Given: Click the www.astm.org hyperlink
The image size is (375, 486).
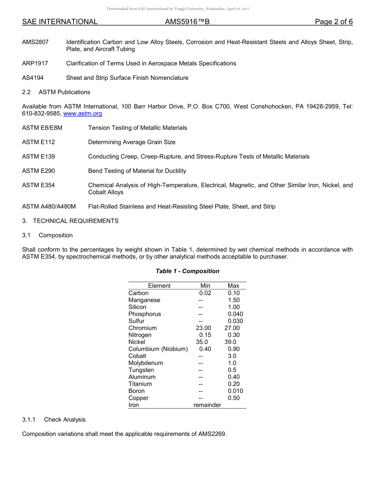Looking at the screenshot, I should pyautogui.click(x=82, y=114).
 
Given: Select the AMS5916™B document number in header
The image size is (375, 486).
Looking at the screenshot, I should pyautogui.click(x=187, y=22).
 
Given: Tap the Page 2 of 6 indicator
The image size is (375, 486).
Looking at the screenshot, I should pyautogui.click(x=334, y=22).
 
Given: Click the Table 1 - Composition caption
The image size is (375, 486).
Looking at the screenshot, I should pyautogui.click(x=187, y=271).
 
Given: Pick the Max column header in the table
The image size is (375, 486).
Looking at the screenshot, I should pyautogui.click(x=233, y=286).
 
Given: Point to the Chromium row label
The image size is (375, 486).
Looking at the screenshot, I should pyautogui.click(x=142, y=328).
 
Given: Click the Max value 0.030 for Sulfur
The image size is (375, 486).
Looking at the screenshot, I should pyautogui.click(x=235, y=321).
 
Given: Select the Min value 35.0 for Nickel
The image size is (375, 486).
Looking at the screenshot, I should pyautogui.click(x=202, y=342).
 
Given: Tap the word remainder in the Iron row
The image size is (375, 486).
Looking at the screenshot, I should pyautogui.click(x=207, y=405).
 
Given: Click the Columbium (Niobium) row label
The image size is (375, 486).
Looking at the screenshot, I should pyautogui.click(x=158, y=349).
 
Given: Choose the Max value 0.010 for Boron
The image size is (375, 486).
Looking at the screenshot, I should pyautogui.click(x=235, y=391).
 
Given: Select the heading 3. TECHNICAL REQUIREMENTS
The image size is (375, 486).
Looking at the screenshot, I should pyautogui.click(x=70, y=221).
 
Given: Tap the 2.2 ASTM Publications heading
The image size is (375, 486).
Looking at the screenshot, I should pyautogui.click(x=56, y=92).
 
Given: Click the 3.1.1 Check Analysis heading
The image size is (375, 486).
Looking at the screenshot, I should pyautogui.click(x=54, y=420).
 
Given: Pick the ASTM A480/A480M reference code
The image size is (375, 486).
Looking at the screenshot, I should pyautogui.click(x=49, y=207).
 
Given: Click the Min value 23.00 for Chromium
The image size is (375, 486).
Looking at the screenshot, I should pyautogui.click(x=203, y=328).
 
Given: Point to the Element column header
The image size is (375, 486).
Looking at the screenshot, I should pyautogui.click(x=159, y=286).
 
